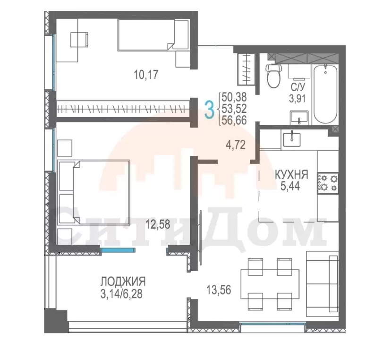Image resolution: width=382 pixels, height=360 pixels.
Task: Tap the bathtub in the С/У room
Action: (x=325, y=94)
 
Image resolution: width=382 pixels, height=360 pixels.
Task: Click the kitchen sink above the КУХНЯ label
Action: (x=292, y=139)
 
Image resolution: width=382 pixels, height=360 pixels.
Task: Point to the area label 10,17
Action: (x=146, y=75)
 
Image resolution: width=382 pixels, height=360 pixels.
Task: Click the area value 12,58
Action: (x=158, y=224)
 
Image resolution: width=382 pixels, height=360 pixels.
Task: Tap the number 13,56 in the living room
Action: (x=219, y=290)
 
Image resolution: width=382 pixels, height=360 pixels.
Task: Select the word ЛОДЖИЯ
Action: (x=123, y=282)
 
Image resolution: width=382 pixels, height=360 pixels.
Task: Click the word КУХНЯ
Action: (x=291, y=175)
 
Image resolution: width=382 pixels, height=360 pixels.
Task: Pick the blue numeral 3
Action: (x=209, y=110)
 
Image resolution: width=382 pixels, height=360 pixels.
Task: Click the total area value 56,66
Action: (x=234, y=120)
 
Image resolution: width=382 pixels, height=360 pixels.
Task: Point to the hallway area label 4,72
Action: (x=236, y=145)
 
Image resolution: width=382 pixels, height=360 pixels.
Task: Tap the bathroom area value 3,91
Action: (x=297, y=99)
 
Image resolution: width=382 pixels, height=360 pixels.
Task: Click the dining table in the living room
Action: (x=270, y=284)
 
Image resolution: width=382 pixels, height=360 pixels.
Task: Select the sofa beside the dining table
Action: (x=323, y=284)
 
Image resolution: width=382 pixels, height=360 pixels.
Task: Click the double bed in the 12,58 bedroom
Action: (x=94, y=192)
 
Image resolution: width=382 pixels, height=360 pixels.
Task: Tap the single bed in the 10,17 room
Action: (x=153, y=34)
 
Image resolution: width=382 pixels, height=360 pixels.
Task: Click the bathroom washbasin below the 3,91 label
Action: (x=299, y=118)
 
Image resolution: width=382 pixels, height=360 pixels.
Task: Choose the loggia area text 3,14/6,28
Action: (x=121, y=294)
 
